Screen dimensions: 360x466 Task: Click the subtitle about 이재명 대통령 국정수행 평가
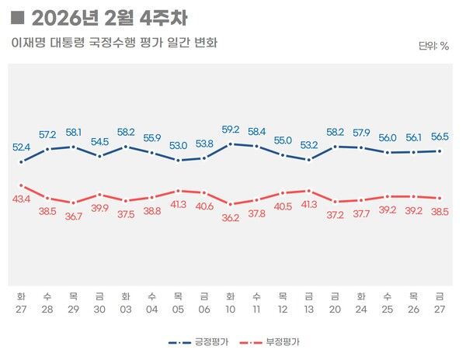(114, 43)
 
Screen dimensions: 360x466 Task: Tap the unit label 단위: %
(433, 46)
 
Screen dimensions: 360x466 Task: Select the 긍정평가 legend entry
(203, 341)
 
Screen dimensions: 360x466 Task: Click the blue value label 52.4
(21, 147)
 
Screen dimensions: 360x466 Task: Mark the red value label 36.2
(230, 219)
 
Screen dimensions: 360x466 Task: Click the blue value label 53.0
(178, 145)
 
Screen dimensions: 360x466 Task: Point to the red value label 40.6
(204, 206)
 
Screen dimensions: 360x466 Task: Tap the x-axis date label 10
(230, 308)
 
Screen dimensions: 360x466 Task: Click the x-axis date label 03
(125, 308)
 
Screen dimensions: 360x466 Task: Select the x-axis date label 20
(335, 308)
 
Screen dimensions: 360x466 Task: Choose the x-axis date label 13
(308, 308)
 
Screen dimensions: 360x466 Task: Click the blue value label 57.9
(361, 133)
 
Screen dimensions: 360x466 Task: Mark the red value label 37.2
(335, 214)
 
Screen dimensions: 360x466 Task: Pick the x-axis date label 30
(99, 308)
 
